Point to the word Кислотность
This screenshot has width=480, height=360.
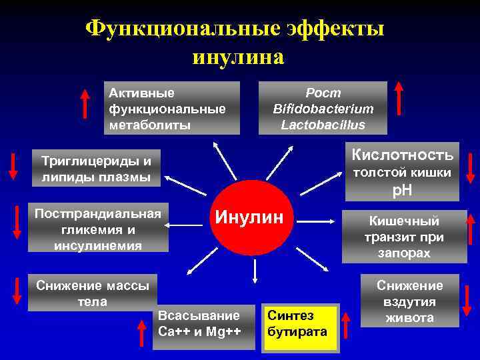pyautogui.click(x=403, y=155)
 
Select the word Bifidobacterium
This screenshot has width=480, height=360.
pyautogui.click(x=323, y=109)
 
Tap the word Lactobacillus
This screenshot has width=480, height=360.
pyautogui.click(x=323, y=124)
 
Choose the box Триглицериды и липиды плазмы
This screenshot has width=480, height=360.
pyautogui.click(x=97, y=169)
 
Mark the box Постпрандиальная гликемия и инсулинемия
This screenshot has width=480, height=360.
pyautogui.click(x=97, y=229)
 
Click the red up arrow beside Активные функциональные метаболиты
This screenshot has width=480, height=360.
pyautogui.click(x=85, y=103)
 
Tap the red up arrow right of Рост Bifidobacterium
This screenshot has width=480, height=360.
pyautogui.click(x=398, y=97)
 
